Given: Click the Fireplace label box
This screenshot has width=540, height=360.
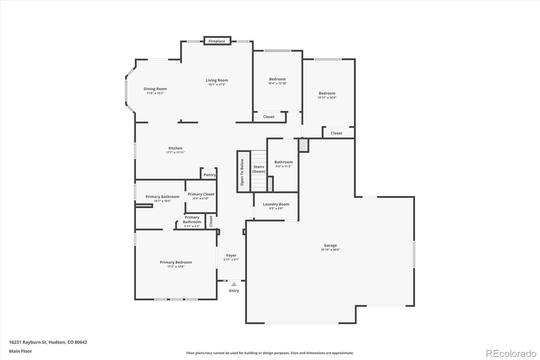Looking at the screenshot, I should (x=217, y=41).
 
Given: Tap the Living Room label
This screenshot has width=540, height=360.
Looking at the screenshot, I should (x=217, y=80).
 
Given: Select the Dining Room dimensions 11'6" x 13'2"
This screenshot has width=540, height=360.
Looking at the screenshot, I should (x=155, y=93).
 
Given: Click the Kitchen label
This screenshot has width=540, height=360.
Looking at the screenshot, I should (x=175, y=148).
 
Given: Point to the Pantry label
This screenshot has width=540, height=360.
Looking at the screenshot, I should (x=209, y=175).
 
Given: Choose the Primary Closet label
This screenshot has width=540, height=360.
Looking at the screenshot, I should (x=201, y=194).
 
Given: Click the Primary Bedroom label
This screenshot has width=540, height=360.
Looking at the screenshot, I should (x=175, y=262).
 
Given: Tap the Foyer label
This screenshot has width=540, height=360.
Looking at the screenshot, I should (x=231, y=255).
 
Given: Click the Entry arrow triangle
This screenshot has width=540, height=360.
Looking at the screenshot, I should (x=234, y=284).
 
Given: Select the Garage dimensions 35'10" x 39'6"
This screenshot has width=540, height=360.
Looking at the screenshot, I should (x=330, y=250).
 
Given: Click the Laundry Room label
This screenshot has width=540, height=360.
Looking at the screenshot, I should (x=276, y=204).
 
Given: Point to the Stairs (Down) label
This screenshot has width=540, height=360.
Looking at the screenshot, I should (x=259, y=169).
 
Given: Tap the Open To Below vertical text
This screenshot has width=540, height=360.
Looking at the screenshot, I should (x=242, y=172).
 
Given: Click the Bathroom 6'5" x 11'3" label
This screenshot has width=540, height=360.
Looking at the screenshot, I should (x=283, y=162).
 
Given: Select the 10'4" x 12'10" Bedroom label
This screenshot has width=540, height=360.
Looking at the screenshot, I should (x=277, y=79).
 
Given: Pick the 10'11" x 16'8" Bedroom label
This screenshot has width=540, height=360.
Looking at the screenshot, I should (x=327, y=93).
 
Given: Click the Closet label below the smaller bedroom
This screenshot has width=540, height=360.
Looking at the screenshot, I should (x=269, y=117).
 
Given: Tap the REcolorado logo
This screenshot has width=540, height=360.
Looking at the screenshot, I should (x=511, y=353).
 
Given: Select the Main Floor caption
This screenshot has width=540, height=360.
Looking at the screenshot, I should (x=21, y=351).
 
